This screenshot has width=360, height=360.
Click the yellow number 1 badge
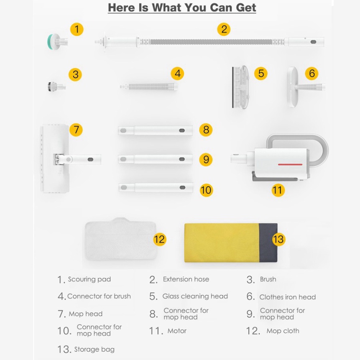77,29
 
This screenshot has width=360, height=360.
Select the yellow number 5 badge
261,74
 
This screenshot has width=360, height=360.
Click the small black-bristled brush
56,87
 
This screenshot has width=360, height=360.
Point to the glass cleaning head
240,87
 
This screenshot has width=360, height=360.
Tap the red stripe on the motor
290,164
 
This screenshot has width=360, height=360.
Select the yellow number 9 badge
206,159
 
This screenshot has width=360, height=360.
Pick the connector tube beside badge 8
156,130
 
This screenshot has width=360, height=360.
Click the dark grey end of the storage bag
268,243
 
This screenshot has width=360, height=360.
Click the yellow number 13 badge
278,239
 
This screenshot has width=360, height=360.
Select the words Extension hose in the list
186,279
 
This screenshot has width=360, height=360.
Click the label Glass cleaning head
195,296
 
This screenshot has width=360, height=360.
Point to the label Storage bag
94,349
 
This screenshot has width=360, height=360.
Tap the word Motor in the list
177,331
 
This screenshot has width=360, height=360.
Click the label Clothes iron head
287,297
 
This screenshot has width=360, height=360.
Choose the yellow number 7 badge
76,130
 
